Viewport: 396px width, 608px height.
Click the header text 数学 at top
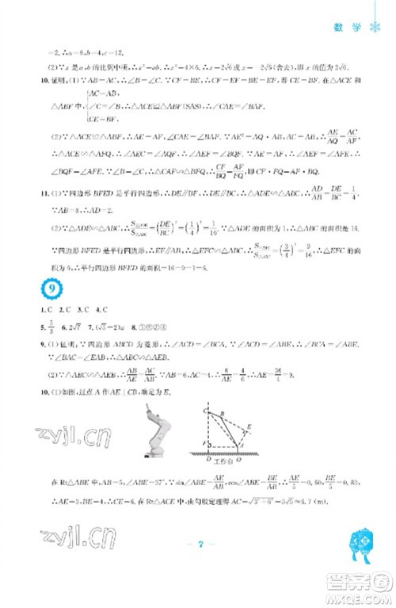(x=353, y=25)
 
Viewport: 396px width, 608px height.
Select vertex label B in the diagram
(x=223, y=414)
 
